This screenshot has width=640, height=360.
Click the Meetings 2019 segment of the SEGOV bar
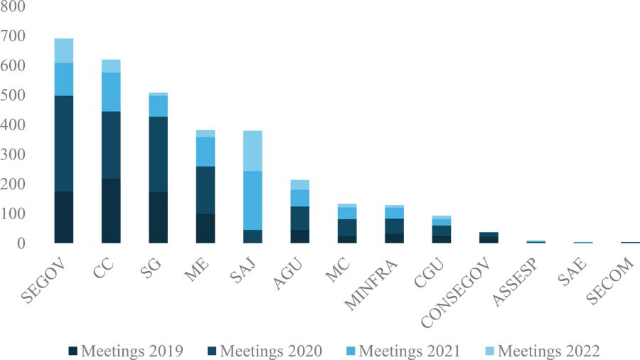coord(63,217)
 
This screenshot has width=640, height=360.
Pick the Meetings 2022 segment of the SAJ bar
coord(252,151)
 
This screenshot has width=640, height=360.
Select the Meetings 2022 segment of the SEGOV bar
coord(63,51)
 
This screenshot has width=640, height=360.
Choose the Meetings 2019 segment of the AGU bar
coord(299,236)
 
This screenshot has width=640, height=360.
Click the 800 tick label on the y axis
coord(14,6)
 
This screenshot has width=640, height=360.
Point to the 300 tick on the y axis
coord(14,154)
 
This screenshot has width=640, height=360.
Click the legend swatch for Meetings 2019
coord(73,351)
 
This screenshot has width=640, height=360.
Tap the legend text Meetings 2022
coord(549,351)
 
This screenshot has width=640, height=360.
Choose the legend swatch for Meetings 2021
coord(351,351)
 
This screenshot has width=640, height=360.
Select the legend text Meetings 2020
coord(271,351)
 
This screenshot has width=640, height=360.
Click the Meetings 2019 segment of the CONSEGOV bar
coord(488,240)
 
